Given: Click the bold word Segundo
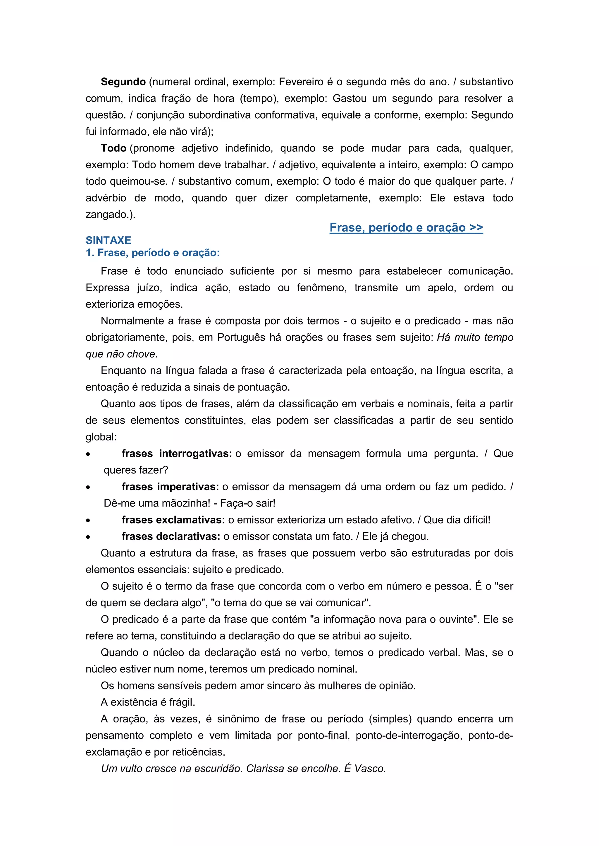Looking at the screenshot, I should (123, 82).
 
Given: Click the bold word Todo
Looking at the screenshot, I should (113, 148).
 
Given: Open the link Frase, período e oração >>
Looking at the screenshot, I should (406, 228).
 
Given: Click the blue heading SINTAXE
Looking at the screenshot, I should (109, 240).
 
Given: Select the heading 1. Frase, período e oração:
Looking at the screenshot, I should (153, 253).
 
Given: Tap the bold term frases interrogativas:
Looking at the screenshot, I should (177, 454).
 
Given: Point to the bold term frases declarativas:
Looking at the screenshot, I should (171, 536).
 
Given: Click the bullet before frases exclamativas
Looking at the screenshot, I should (88, 521).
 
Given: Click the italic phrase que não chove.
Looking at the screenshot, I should (122, 354).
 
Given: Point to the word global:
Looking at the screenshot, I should (101, 437).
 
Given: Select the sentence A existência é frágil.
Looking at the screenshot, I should (148, 702).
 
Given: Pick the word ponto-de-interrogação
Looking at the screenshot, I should (409, 736).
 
